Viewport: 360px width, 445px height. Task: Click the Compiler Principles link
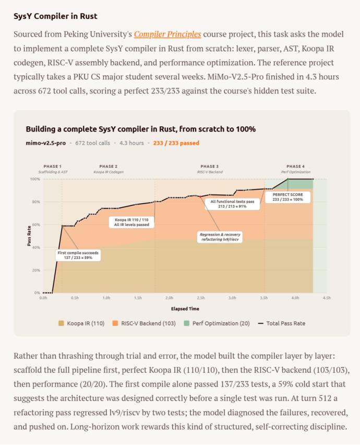click(167, 34)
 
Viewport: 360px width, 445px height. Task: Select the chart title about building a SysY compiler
click(140, 128)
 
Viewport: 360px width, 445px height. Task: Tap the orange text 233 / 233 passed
click(176, 143)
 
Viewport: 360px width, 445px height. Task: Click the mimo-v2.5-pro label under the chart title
click(45, 143)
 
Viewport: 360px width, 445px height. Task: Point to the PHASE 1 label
click(53, 166)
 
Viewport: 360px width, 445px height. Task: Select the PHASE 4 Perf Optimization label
click(295, 169)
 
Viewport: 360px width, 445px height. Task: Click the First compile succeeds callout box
click(78, 255)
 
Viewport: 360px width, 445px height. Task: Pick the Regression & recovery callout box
click(220, 237)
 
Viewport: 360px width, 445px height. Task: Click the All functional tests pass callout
click(232, 203)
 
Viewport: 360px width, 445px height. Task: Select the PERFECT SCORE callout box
click(287, 197)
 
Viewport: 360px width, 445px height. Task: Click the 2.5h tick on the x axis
click(200, 298)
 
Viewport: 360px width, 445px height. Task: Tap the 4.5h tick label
click(327, 298)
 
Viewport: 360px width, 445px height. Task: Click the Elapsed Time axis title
click(185, 309)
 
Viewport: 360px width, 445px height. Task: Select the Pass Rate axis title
click(29, 236)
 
